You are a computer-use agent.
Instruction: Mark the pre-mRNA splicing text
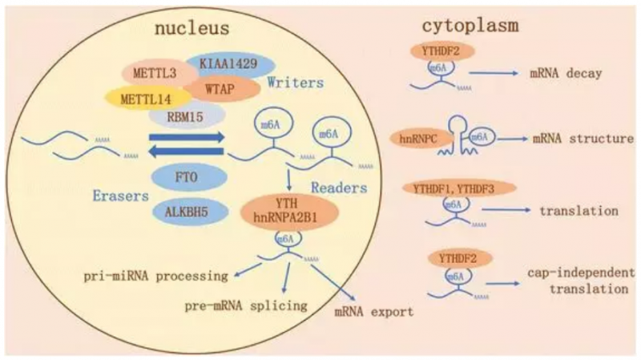tap(244, 305)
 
